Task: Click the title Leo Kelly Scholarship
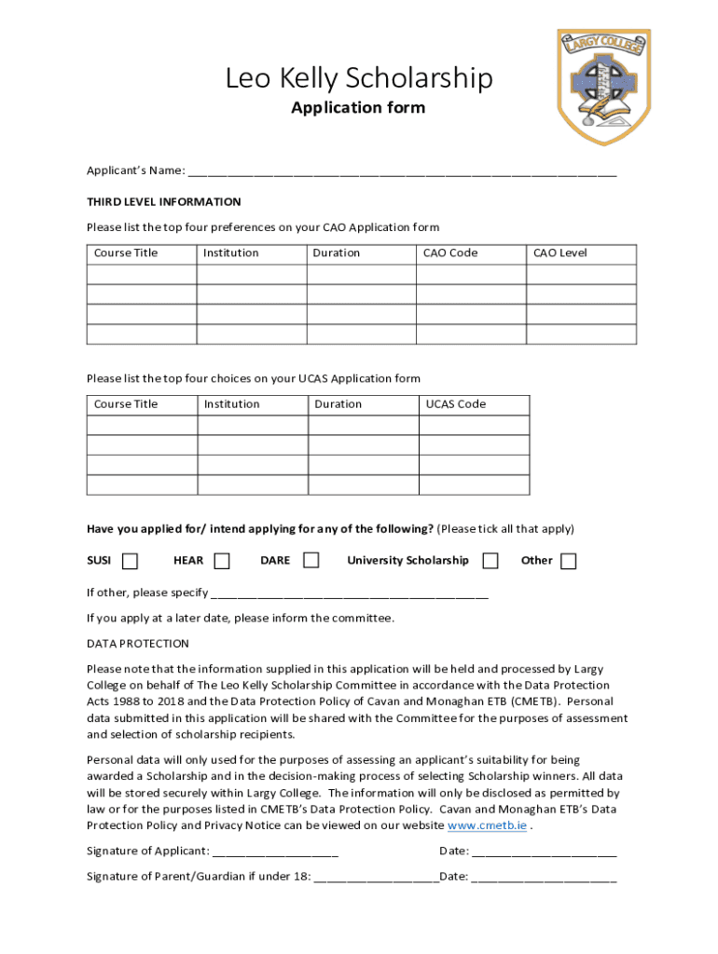pos(358,78)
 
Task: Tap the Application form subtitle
pos(358,108)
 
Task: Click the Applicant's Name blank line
pos(402,171)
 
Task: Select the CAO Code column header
pos(450,253)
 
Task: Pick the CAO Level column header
pos(559,253)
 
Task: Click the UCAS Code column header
pos(456,404)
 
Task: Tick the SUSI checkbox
pos(131,561)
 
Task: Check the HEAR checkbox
pos(222,561)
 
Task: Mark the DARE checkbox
pos(311,560)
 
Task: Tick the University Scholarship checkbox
pos(490,560)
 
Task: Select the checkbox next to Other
pos(568,561)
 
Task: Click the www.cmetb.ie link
pos(487,825)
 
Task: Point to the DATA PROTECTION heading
pos(138,644)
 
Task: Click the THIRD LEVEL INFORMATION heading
pos(164,202)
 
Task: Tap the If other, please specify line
pos(350,593)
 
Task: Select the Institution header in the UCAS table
pos(232,404)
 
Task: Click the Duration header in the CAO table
pos(336,253)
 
